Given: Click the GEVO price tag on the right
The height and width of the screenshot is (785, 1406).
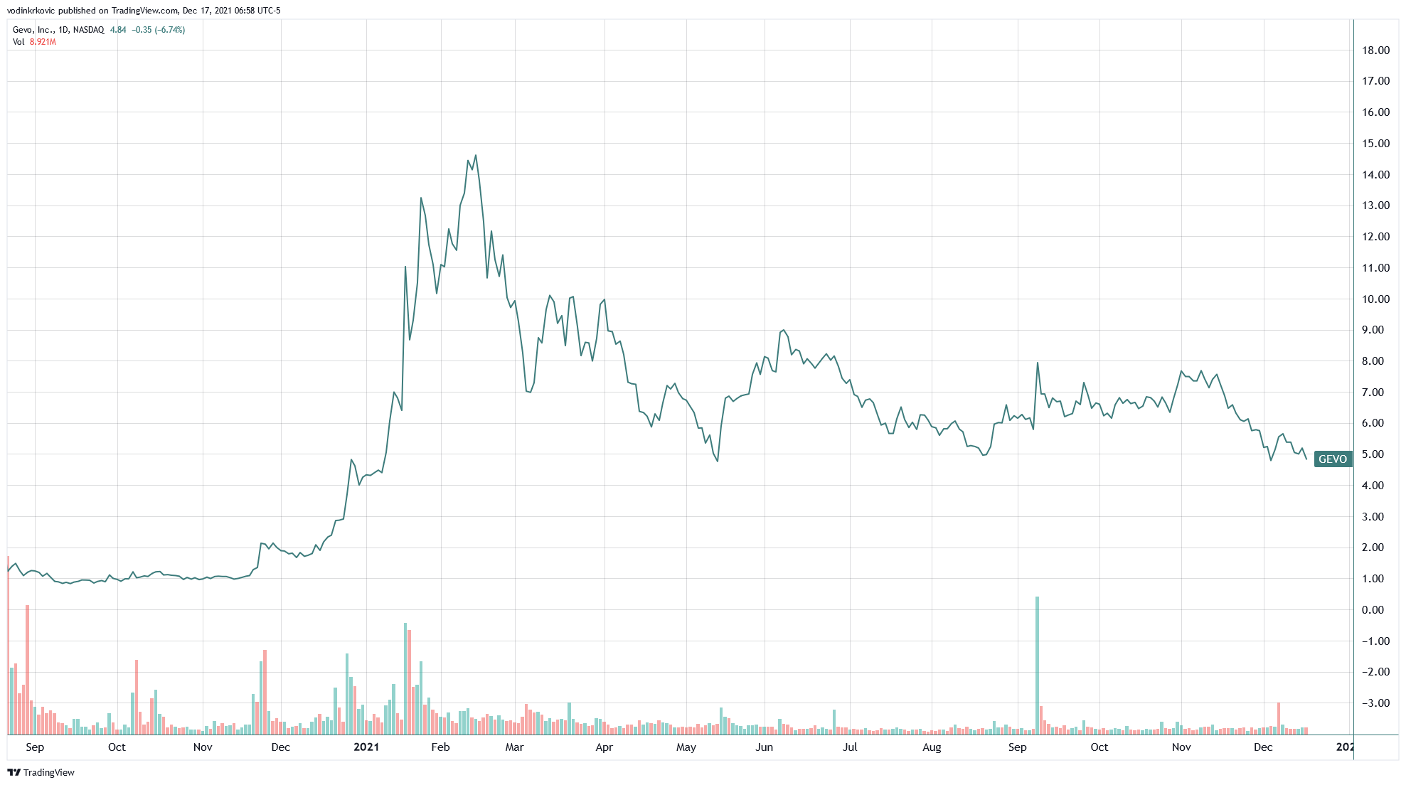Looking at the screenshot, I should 1332,459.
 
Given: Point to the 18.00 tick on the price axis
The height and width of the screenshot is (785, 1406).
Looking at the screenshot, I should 1375,50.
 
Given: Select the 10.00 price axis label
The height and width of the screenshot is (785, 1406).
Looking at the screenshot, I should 1375,299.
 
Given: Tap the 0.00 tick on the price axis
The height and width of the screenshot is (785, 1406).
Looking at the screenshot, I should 1373,610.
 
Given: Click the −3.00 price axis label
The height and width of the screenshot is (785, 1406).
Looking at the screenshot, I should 1375,703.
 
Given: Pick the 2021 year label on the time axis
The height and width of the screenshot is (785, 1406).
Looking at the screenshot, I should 366,747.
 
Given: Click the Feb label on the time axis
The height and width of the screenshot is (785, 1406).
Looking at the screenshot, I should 440,747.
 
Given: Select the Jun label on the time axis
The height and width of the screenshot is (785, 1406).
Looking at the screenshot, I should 764,747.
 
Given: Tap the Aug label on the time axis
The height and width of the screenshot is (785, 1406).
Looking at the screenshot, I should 932,747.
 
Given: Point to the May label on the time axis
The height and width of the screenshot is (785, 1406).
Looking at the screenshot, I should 686,747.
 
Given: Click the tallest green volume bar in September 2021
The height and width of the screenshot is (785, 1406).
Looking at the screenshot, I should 1037,665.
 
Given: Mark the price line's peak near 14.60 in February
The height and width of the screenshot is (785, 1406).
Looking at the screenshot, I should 475,156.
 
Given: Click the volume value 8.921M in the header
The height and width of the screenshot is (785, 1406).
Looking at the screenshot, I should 43,42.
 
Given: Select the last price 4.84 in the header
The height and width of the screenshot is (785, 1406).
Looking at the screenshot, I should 118,30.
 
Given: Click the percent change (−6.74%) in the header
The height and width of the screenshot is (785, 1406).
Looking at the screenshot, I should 170,30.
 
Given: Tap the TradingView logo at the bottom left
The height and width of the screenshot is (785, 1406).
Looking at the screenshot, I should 41,773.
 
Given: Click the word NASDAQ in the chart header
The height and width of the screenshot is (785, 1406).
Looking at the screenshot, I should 88,30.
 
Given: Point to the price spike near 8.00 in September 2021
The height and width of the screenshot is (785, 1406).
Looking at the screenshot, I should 1038,363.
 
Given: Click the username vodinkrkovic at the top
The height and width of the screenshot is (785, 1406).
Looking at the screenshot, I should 31,11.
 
